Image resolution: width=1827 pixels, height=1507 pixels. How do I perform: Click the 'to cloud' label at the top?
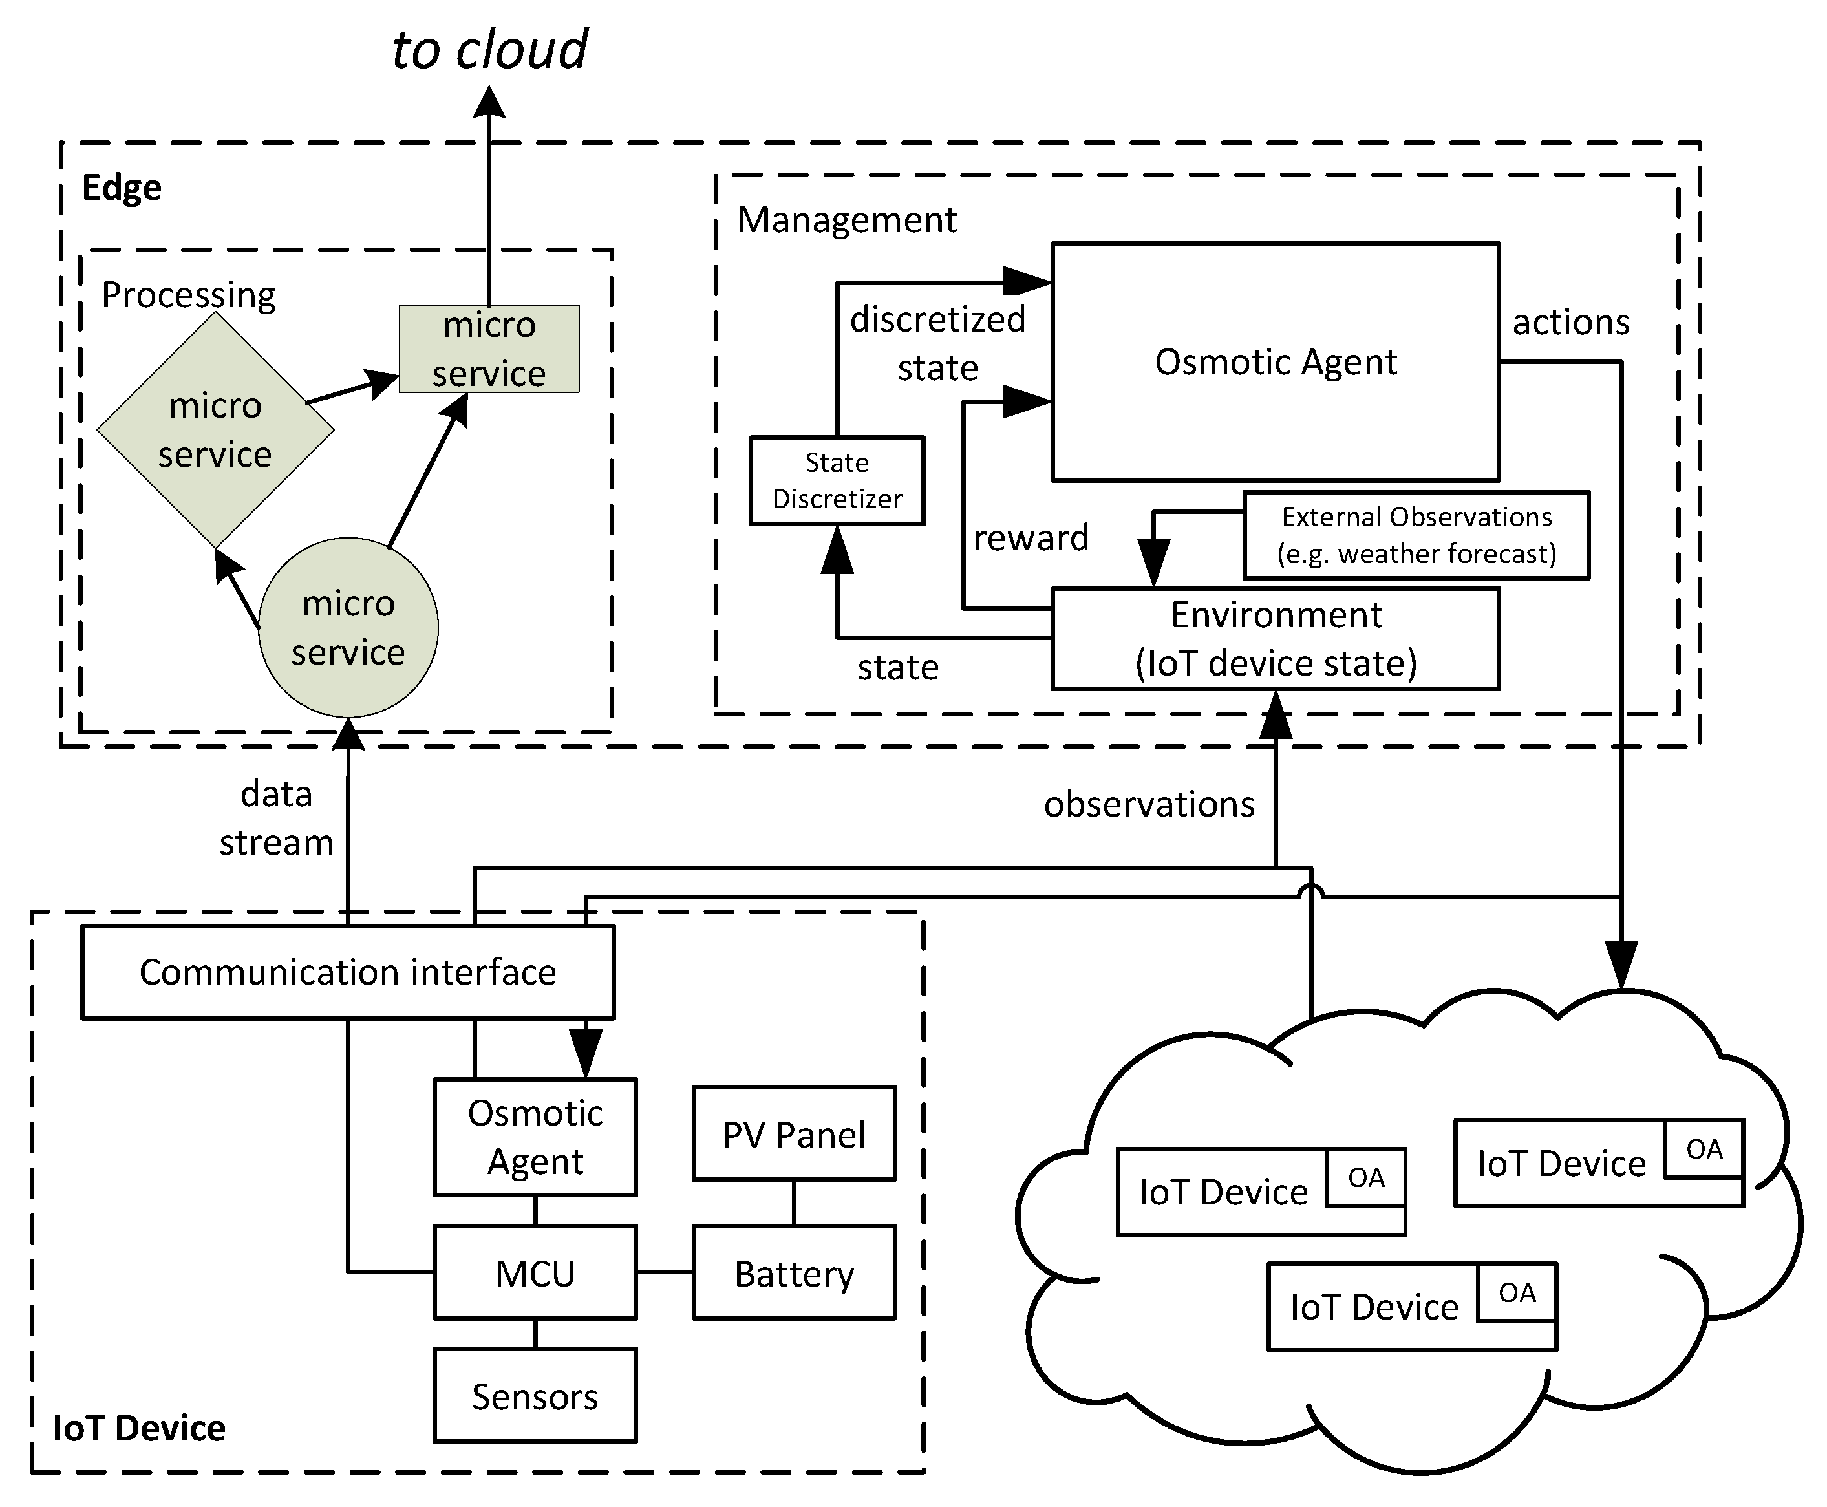pos(489,50)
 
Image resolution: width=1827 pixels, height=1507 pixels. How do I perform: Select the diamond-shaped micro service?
pos(215,430)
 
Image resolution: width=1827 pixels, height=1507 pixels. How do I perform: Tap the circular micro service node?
pos(348,628)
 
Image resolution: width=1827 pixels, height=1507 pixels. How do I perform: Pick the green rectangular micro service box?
pos(489,349)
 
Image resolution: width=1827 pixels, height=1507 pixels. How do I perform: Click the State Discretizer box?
pos(837,481)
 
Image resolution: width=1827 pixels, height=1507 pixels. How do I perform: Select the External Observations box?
pos(1416,535)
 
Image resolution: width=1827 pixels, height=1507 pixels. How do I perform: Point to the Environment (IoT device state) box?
pos(1275,639)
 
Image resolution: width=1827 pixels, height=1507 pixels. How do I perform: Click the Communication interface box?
pos(347,972)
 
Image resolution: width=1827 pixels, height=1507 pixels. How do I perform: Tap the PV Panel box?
pos(793,1135)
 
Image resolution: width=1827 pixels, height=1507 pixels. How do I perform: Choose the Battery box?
pos(793,1274)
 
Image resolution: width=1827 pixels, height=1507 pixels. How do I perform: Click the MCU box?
pos(535,1274)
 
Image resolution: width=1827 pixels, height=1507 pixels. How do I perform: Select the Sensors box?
pos(535,1396)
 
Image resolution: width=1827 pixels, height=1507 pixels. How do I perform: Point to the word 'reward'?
pos(1031,538)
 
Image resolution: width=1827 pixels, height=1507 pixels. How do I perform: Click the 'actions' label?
pos(1570,322)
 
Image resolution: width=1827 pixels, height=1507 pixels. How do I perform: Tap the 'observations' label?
pos(1148,805)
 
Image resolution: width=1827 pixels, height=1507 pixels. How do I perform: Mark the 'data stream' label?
pos(276,818)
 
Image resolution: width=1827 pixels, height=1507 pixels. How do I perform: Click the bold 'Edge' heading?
pos(122,188)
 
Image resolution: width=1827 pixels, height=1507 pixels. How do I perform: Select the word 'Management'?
pos(846,220)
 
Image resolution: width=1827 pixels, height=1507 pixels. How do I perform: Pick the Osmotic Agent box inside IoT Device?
pos(535,1137)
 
